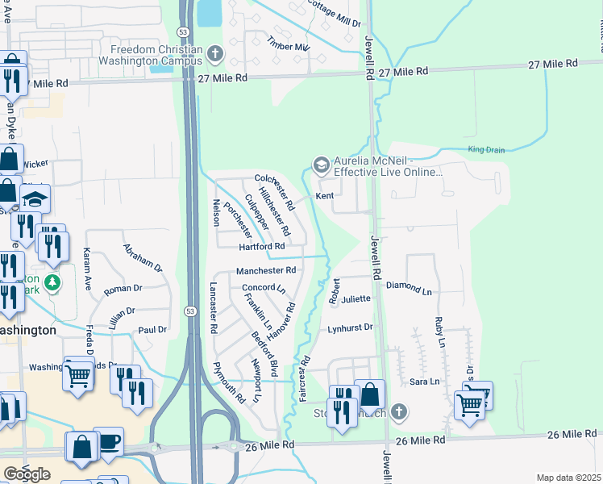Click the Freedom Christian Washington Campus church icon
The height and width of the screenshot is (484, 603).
tap(214, 55)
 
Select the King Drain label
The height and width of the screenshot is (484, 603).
tap(484, 150)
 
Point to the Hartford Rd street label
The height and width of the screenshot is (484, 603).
tap(262, 246)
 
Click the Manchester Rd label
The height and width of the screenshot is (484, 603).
tap(266, 271)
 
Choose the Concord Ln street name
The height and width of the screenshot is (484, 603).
tap(264, 288)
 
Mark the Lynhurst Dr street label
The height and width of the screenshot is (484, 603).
tap(351, 328)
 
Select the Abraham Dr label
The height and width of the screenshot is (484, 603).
tap(143, 257)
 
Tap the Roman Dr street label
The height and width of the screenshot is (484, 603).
tap(123, 288)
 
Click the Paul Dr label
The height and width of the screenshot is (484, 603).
tap(152, 330)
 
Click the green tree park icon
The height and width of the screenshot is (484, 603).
tap(52, 282)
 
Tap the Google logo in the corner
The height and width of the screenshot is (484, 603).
tap(27, 474)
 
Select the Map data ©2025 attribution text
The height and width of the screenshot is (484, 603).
tap(568, 478)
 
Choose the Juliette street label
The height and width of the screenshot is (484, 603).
tap(356, 299)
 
